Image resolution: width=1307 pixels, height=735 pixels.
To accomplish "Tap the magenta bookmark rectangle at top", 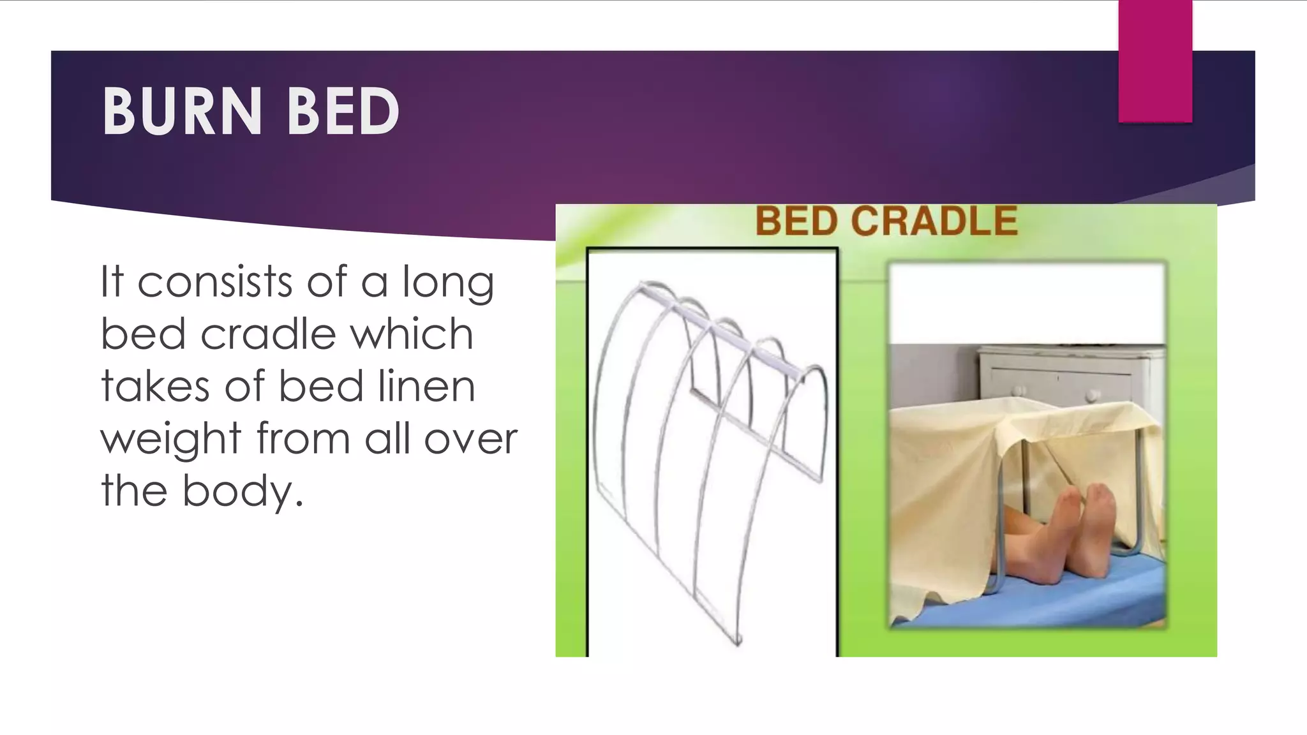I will pos(1154,61).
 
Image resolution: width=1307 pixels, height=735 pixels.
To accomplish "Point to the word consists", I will pos(214,282).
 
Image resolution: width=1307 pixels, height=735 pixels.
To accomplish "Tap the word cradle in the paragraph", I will pos(268,334).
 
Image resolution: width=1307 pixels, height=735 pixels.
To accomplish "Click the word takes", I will pos(155,387).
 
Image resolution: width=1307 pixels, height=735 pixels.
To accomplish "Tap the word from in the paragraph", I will pos(303,439).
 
